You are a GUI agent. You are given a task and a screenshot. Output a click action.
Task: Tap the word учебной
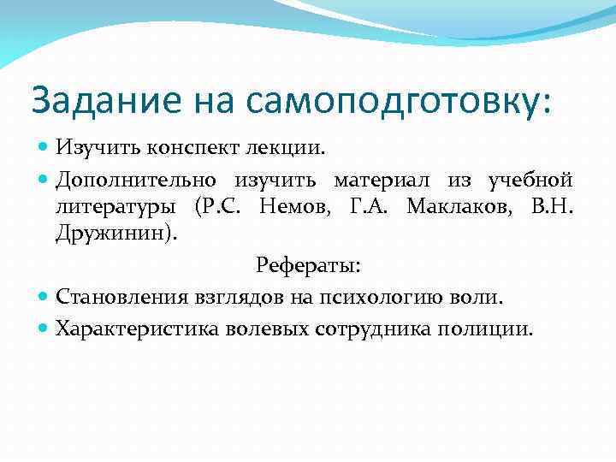coord(530,180)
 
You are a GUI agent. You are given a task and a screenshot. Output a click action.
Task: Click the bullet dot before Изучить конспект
coord(44,148)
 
